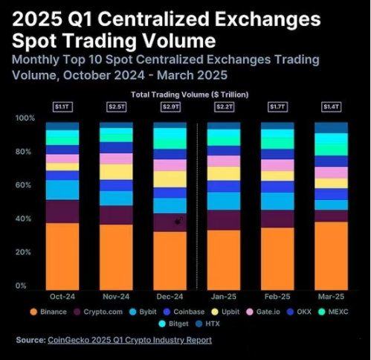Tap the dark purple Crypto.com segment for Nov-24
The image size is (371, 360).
tap(116, 214)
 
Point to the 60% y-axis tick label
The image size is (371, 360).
tap(25, 185)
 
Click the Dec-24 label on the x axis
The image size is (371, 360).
tap(170, 295)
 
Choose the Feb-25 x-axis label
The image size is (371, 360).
tap(277, 295)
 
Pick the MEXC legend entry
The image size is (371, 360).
tap(332, 312)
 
